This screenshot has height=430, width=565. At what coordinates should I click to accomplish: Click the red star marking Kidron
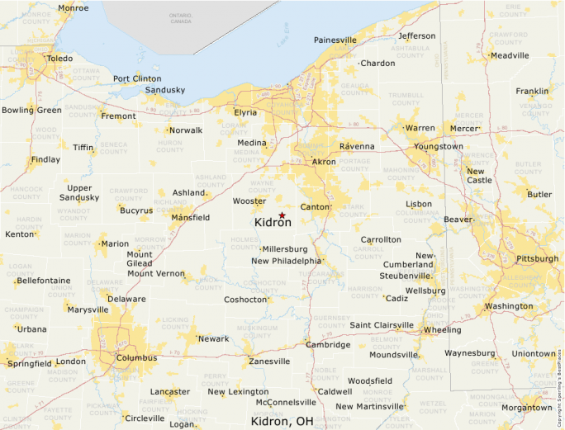click(x=282, y=215)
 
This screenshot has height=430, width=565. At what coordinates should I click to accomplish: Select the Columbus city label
click(x=136, y=358)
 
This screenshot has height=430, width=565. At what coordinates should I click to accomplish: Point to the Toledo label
click(x=59, y=59)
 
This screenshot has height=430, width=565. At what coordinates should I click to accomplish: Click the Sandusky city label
click(x=165, y=90)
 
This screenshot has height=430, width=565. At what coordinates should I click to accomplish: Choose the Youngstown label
click(x=439, y=146)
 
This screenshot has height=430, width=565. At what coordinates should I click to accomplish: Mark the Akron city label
click(x=324, y=162)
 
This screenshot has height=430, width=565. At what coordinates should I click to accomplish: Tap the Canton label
click(x=315, y=207)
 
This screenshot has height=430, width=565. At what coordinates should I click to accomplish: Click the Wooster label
click(x=249, y=201)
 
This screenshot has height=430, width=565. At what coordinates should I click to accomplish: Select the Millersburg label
click(x=285, y=248)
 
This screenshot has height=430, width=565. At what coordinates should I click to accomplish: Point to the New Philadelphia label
click(x=286, y=261)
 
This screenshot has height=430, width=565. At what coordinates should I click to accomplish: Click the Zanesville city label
click(x=269, y=361)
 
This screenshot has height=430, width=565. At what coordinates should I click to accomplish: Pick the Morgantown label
click(x=526, y=407)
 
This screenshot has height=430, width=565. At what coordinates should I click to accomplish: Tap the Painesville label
click(x=335, y=40)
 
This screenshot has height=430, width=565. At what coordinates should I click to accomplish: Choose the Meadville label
click(x=510, y=55)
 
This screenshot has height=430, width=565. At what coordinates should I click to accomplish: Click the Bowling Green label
click(x=31, y=110)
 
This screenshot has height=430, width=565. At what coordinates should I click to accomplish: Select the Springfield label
click(x=29, y=363)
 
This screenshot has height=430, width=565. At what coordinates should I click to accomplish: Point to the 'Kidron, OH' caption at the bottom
click(x=282, y=422)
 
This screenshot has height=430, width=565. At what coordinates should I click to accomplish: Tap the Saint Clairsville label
click(x=382, y=325)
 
